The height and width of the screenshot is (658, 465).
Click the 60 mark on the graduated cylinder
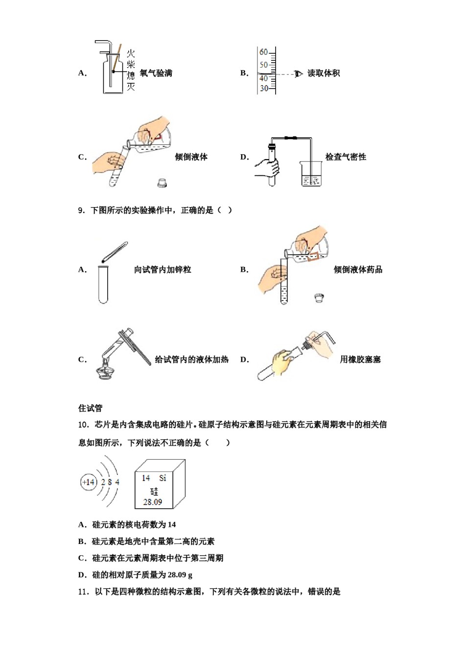click(263, 52)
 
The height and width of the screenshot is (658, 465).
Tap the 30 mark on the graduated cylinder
click(264, 89)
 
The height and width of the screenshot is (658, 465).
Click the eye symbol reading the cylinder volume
click(299, 74)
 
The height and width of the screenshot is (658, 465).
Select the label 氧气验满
click(156, 73)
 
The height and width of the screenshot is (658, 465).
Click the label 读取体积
click(324, 73)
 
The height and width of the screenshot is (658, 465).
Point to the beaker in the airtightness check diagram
click(310, 174)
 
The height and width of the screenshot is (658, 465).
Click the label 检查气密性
click(346, 157)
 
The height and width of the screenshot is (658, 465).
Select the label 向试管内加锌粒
click(163, 269)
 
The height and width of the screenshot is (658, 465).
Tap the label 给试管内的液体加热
click(191, 359)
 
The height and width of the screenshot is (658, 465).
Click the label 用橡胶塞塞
click(360, 359)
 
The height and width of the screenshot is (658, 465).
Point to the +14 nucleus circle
click(89, 482)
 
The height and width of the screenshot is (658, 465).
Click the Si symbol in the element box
click(163, 478)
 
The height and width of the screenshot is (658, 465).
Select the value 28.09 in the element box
click(152, 502)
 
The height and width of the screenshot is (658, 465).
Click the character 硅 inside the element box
click(154, 491)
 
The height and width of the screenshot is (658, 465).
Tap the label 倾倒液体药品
click(358, 269)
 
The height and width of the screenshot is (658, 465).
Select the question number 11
click(83, 592)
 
